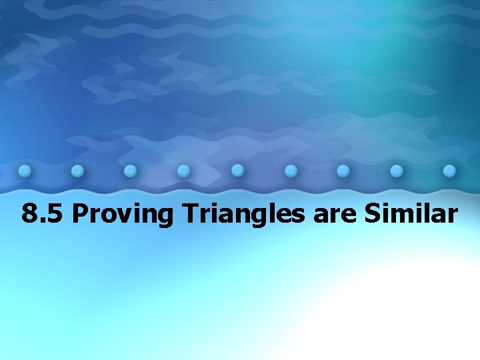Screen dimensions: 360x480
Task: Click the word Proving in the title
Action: click(124, 215)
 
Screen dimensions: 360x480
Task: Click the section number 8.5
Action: click(43, 214)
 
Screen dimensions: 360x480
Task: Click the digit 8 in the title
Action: click(29, 214)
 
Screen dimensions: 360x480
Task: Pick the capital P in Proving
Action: click(79, 214)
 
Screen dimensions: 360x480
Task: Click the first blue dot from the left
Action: click(25, 170)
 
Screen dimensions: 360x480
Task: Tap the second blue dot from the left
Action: click(77, 171)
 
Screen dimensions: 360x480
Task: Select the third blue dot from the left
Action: click(131, 171)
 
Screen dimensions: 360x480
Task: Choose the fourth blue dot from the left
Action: click(184, 171)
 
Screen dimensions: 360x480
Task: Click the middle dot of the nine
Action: click(237, 171)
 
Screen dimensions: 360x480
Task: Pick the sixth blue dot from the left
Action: click(290, 171)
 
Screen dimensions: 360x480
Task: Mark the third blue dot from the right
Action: click(343, 171)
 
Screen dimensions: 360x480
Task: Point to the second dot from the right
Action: click(397, 171)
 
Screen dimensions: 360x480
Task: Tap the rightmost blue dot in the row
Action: click(450, 171)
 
